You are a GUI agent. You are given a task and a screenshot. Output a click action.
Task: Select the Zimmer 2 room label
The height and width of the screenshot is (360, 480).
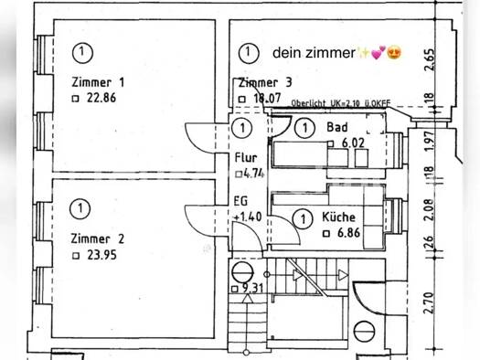tap(96, 238)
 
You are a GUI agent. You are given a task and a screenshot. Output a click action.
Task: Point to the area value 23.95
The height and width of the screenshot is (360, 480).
tap(101, 255)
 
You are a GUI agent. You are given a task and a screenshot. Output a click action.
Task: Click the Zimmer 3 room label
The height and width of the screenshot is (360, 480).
tap(265, 82)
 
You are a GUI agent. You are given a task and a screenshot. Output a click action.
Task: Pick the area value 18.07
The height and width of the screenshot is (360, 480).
tap(265, 98)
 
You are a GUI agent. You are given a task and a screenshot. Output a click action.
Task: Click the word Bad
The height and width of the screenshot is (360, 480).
tap(336, 127)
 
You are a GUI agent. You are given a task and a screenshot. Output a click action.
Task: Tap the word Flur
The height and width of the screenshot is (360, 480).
tap(245, 157)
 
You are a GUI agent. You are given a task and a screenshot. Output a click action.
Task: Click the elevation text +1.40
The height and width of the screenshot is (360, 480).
tap(248, 217)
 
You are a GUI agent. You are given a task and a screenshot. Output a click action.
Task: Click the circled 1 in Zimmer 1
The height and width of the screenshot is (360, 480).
tap(83, 51)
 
